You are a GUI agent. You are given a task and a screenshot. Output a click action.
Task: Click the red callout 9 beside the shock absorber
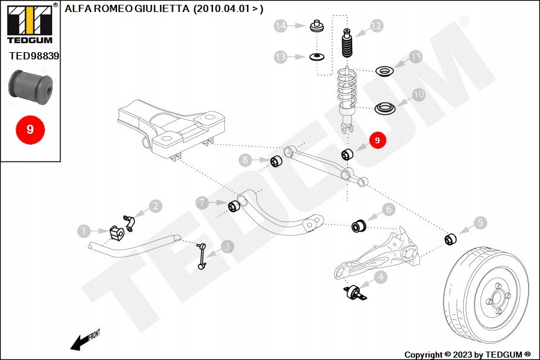377,140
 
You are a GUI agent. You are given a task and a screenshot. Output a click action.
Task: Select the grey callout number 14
281,26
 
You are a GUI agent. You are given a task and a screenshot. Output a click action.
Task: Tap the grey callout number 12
376,26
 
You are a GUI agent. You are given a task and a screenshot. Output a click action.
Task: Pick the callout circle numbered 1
85,230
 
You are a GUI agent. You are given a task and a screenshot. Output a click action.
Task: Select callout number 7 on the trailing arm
203,203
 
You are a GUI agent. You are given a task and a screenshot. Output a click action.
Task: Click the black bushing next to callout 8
277,162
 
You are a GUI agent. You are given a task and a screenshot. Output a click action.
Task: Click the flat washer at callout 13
315,57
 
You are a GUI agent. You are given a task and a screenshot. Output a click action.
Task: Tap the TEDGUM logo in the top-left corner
29,23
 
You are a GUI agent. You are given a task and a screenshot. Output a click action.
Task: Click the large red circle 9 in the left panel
30,128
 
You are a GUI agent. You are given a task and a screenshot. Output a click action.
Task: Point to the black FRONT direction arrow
81,342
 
